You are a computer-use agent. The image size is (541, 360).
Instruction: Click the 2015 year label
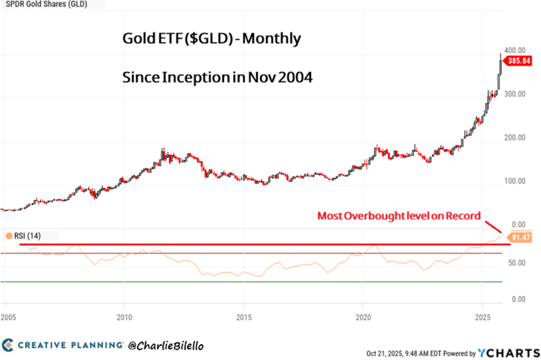point(243,318)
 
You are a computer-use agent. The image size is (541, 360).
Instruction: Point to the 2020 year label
point(363,318)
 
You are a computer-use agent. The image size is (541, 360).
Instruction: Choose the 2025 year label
point(482,318)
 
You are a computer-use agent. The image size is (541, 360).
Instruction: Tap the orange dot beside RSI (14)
point(8,235)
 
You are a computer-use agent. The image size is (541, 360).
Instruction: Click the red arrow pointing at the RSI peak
point(494,228)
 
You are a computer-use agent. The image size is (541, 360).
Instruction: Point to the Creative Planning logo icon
point(8,345)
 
